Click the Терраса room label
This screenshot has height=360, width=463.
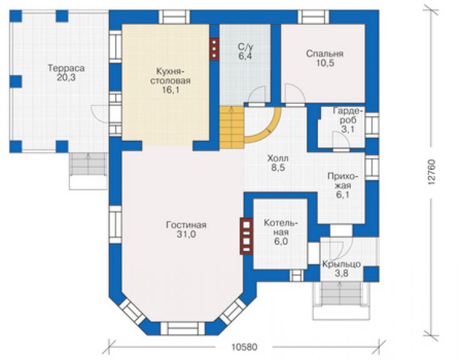point(66,68)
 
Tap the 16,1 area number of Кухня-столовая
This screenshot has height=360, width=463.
point(170,90)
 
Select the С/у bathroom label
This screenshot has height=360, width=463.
point(245,47)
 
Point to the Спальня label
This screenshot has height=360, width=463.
point(325,54)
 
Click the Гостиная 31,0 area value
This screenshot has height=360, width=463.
point(186,234)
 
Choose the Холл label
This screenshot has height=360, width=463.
point(278,158)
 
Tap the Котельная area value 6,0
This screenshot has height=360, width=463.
point(281,242)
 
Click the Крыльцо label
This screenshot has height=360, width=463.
point(342,264)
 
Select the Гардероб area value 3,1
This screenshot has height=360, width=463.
point(348,129)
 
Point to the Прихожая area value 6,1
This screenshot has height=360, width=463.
point(342,195)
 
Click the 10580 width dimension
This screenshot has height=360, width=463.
point(244,347)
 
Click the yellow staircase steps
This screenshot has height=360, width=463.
point(232,127)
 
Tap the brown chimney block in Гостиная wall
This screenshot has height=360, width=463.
point(247,236)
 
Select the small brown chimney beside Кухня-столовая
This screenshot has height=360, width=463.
point(215,49)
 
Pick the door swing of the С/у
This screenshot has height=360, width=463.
point(256,95)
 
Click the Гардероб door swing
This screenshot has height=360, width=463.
point(341,139)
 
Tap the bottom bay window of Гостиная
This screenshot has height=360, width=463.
point(183,329)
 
